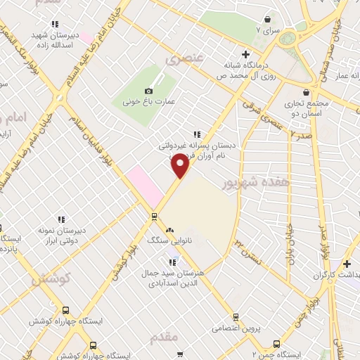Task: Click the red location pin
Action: pos(181,166)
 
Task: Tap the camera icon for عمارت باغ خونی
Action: pos(148,91)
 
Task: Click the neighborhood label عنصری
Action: pos(178,60)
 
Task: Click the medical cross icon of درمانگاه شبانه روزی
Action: pos(245,53)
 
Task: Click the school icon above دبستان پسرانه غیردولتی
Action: pos(197,134)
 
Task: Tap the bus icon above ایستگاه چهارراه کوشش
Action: pos(65,309)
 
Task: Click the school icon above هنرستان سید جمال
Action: pos(173,262)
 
